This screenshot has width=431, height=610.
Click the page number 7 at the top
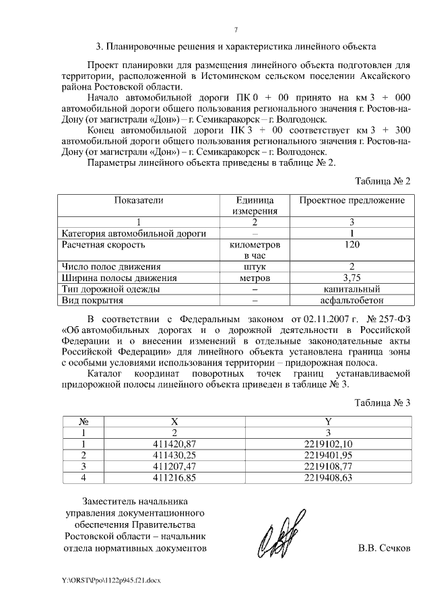coord(236,30)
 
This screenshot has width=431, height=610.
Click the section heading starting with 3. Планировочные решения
coord(236,47)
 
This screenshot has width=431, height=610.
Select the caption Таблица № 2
coord(382,181)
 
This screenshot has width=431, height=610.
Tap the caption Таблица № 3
coord(382,402)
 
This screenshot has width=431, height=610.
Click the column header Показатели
coord(139,200)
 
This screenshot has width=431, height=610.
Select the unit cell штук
coord(255,267)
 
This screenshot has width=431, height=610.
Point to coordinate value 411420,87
coord(174,444)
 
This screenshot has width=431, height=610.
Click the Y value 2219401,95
coord(328,455)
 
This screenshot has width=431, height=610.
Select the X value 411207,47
coord(174,466)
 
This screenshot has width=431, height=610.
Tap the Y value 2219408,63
coord(328,477)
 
